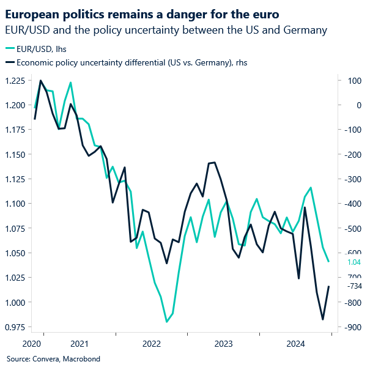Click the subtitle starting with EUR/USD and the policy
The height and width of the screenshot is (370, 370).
pyautogui.click(x=165, y=29)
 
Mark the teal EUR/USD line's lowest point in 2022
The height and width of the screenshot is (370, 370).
pyautogui.click(x=166, y=322)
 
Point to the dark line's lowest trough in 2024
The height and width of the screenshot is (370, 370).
pyautogui.click(x=323, y=319)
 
